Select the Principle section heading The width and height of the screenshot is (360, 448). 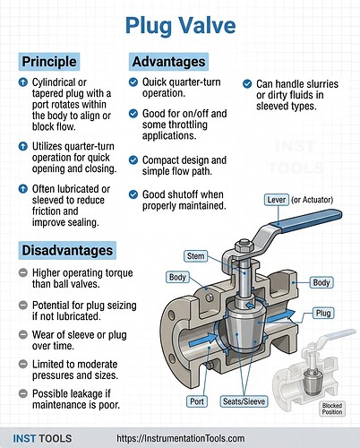coord(49,62)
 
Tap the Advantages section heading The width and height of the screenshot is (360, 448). coord(169,62)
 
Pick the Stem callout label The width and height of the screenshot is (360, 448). coord(197,256)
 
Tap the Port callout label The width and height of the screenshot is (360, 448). coord(198,400)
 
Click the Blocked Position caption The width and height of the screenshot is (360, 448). coord(332,407)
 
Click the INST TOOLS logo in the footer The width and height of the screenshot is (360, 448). coord(39,437)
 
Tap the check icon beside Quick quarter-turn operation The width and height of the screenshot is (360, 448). coord(133,82)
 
